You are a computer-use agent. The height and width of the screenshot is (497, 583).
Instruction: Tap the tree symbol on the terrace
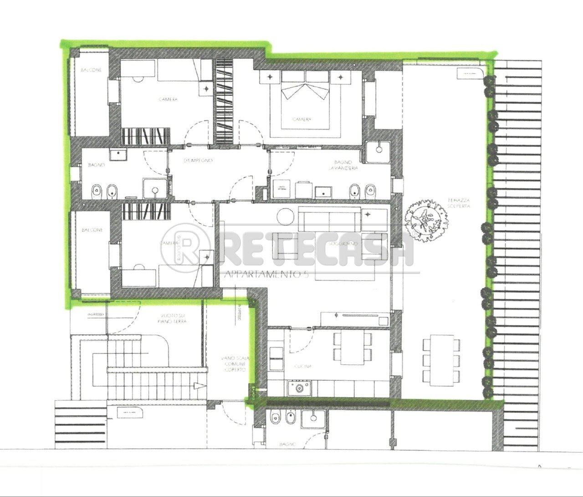tap(427, 220)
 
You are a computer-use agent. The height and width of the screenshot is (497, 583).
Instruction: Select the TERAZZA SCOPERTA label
tap(459, 203)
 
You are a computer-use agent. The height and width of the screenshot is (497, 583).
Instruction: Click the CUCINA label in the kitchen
tap(302, 366)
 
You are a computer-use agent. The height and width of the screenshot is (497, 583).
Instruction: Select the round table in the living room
tap(287, 217)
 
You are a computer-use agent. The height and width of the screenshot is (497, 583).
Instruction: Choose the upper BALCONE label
tap(92, 70)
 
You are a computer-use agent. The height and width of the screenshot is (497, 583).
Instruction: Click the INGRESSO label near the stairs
tap(96, 315)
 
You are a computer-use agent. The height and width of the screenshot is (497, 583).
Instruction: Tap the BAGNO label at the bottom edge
tap(288, 444)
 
